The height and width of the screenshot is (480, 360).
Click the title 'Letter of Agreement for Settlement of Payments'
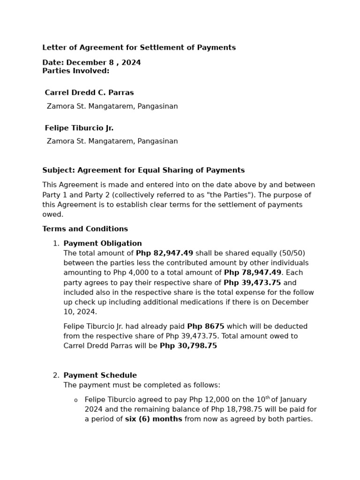pos(139,48)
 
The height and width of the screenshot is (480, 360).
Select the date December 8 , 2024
pos(104,63)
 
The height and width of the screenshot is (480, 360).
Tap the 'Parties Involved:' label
pos(75,71)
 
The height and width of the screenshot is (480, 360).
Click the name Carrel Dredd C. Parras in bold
pos(89,93)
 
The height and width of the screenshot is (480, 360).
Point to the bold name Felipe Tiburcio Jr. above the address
pos(79,128)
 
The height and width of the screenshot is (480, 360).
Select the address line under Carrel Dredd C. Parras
pos(112,106)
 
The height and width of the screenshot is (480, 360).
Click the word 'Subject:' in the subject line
pos(59,170)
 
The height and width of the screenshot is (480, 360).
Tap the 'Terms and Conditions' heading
pos(85,229)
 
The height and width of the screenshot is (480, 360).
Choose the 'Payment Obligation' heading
pos(102,244)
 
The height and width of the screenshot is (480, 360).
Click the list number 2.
pos(56,375)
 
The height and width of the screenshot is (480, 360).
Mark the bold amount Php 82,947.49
pos(164,253)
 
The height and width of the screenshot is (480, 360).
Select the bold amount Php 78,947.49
pos(252,273)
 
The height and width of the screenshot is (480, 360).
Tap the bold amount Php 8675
pos(205,326)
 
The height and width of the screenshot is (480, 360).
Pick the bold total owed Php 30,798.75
pos(188,346)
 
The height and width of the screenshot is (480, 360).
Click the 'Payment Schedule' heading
pos(100,375)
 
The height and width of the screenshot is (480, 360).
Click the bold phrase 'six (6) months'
pos(153,419)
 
